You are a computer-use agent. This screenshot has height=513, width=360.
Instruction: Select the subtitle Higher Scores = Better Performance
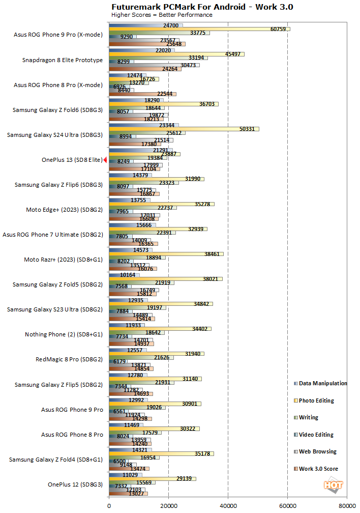(161, 15)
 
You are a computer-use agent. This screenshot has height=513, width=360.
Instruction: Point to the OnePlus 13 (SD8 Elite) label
(72, 160)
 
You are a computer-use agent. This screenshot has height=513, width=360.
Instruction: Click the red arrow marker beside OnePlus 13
(105, 160)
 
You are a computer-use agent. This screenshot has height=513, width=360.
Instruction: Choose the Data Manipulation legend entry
(323, 383)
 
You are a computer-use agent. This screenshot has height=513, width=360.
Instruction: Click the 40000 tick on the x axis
(228, 506)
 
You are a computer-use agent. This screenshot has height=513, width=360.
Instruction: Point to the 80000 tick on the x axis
(347, 506)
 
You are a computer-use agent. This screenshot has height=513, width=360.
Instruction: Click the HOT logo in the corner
(334, 486)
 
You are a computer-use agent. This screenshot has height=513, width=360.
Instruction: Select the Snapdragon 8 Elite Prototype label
(63, 60)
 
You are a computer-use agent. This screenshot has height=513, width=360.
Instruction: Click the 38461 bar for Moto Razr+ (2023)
(166, 253)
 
